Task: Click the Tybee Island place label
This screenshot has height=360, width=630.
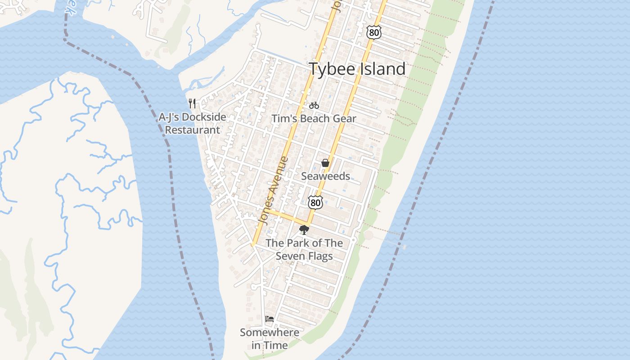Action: click(357, 69)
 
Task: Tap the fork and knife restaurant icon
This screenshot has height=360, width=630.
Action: click(192, 103)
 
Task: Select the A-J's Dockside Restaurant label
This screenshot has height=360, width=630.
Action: click(192, 123)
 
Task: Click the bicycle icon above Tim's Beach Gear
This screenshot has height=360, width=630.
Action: click(314, 105)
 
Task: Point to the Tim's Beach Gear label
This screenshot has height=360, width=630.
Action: click(314, 119)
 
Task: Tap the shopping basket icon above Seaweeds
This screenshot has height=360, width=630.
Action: click(325, 163)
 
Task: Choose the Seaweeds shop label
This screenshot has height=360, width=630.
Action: click(325, 176)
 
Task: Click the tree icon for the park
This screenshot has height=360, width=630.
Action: click(304, 230)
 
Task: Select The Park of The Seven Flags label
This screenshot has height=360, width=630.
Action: click(304, 249)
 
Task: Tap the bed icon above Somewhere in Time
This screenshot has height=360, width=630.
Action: click(270, 319)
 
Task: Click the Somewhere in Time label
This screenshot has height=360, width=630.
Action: click(270, 339)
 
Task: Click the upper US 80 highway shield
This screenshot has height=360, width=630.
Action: click(374, 31)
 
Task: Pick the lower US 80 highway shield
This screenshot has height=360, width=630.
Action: click(315, 202)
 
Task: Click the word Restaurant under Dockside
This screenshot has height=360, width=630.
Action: click(192, 130)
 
